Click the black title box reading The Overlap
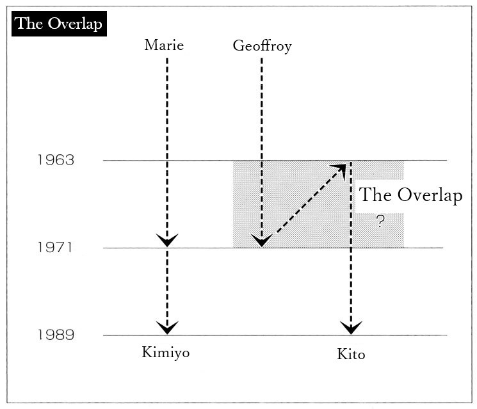click(x=59, y=24)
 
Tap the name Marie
click(x=164, y=45)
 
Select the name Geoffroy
click(x=263, y=46)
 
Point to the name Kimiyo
click(x=165, y=353)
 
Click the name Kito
click(x=351, y=354)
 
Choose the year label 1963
click(x=56, y=160)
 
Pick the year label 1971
click(x=55, y=247)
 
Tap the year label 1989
click(x=56, y=335)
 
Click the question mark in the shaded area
click(x=380, y=221)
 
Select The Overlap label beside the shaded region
click(x=410, y=195)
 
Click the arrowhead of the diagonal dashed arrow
click(x=340, y=170)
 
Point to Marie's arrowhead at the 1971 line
click(x=167, y=240)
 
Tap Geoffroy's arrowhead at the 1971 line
click(x=262, y=240)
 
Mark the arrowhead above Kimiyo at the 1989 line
click(x=167, y=327)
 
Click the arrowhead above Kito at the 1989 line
click(x=351, y=327)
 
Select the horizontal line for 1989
click(x=275, y=335)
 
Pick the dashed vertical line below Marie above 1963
click(x=167, y=109)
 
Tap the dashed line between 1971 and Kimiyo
click(x=167, y=287)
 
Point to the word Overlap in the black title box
click(x=75, y=24)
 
